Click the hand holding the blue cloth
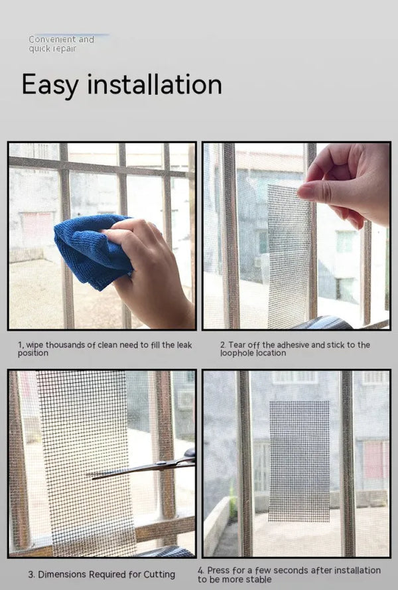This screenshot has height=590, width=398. coord(153,272)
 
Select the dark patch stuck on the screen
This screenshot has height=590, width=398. coord(299,460)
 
